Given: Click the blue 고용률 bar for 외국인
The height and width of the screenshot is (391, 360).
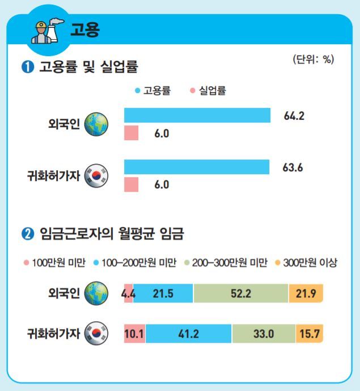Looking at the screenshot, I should (197, 115).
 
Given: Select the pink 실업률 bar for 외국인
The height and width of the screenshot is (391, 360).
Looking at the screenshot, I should (131, 133).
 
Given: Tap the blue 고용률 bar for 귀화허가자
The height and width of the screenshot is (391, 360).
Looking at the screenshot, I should (196, 167).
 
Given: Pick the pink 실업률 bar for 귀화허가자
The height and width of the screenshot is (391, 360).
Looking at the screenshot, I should (131, 185).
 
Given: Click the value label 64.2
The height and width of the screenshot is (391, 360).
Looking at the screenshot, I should (294, 116).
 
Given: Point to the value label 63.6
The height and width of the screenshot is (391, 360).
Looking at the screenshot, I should (293, 168).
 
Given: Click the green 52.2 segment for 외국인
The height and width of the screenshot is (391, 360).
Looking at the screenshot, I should (240, 294).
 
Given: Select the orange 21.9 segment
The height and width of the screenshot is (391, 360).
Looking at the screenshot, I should (306, 294).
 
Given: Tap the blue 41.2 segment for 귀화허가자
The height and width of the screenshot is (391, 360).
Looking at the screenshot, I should (188, 334).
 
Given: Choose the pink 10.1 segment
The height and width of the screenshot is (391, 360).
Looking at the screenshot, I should (135, 334).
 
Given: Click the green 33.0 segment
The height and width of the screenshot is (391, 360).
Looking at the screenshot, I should (264, 334).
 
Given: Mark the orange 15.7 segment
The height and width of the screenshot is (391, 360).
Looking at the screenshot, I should (309, 334).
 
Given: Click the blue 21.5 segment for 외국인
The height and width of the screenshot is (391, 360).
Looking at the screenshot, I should (163, 294).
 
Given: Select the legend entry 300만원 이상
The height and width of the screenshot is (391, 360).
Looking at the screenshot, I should (306, 263).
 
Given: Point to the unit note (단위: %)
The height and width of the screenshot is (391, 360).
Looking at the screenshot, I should (313, 60).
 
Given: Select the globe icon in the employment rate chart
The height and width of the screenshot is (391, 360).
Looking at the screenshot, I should (96, 124).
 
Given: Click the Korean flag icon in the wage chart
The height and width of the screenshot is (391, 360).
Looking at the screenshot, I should (96, 334).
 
